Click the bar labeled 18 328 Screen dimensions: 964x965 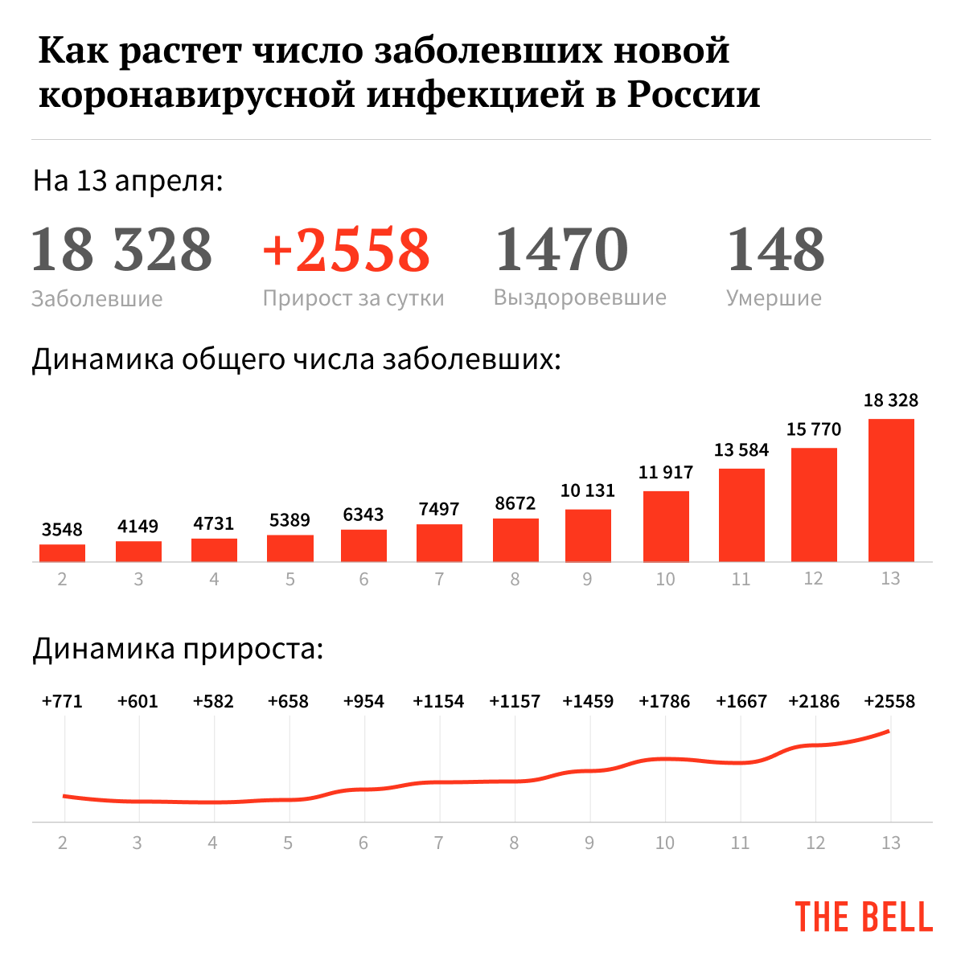pyautogui.click(x=891, y=490)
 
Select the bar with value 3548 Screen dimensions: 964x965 pyautogui.click(x=62, y=553)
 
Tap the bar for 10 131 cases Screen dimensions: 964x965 pyautogui.click(x=588, y=535)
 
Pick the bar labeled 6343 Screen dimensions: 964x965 pyautogui.click(x=363, y=545)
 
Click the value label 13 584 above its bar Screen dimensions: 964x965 pyautogui.click(x=741, y=450)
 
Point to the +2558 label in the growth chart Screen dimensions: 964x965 pyautogui.click(x=889, y=701)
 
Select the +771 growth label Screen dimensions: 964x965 pyautogui.click(x=62, y=701)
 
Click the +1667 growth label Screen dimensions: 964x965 pyautogui.click(x=741, y=701)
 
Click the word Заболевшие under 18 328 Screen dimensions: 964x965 pyautogui.click(x=96, y=299)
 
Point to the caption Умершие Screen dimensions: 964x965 pyautogui.click(x=774, y=298)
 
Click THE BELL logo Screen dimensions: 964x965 pyautogui.click(x=864, y=917)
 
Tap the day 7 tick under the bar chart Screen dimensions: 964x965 pyautogui.click(x=439, y=579)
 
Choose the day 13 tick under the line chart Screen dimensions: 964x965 pyautogui.click(x=890, y=843)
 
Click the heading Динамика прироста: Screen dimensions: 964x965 pyautogui.click(x=178, y=648)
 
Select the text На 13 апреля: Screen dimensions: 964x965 pyautogui.click(x=128, y=181)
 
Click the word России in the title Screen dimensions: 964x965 pyautogui.click(x=694, y=94)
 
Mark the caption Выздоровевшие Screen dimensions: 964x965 pyautogui.click(x=580, y=297)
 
